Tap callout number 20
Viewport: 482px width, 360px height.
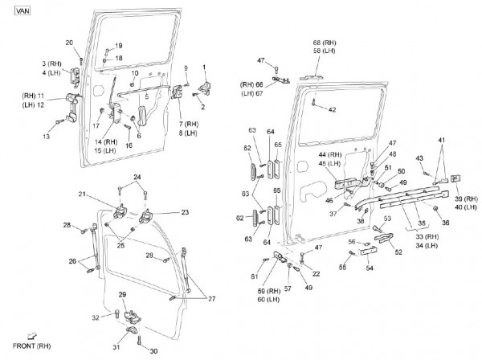pos(69,42)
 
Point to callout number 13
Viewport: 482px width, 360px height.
pos(47,137)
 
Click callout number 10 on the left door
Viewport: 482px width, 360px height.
pos(135,73)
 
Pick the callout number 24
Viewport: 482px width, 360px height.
pos(137,176)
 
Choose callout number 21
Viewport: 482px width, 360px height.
pos(104,194)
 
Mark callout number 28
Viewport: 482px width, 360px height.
pos(67,224)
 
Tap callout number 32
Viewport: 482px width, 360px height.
pos(96,317)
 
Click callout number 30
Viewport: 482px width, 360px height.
pos(154,350)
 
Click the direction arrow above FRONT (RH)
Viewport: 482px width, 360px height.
pos(32,334)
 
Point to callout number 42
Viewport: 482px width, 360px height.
pos(331,109)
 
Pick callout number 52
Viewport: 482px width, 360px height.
pos(398,252)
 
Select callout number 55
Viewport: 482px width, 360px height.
pos(341,266)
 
